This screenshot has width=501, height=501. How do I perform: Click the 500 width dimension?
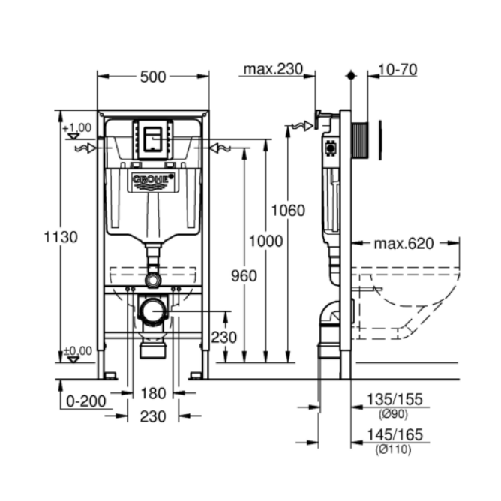153,76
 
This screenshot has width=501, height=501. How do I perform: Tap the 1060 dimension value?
289,210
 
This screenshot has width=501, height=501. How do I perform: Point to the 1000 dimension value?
266,241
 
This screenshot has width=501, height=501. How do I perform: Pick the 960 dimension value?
244,275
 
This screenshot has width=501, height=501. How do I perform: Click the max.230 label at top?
271,70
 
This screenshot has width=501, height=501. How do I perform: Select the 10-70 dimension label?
397,70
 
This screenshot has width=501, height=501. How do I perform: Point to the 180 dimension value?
153,392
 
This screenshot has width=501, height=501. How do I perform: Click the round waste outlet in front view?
154,310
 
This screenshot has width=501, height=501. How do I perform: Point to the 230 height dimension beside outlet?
223,338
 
